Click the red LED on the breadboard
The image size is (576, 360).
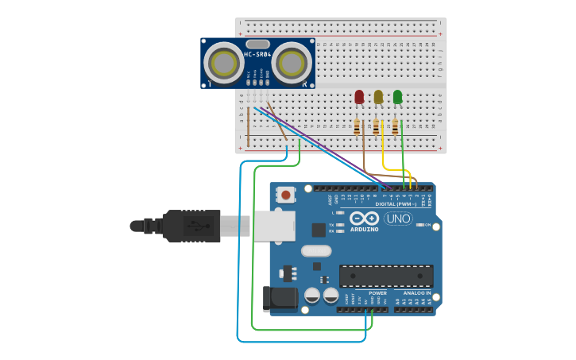tap(359, 97)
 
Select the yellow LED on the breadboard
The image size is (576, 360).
tap(378, 97)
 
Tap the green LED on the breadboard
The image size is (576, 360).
tap(397, 97)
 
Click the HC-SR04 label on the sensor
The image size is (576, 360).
tap(257, 54)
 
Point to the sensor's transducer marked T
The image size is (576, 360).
tap(223, 61)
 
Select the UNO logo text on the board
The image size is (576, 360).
tap(398, 219)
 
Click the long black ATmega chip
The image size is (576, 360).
tap(386, 276)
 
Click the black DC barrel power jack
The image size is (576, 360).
tap(280, 299)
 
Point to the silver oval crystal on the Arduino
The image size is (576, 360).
tap(315, 251)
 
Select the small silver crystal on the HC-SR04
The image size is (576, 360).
tap(257, 44)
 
